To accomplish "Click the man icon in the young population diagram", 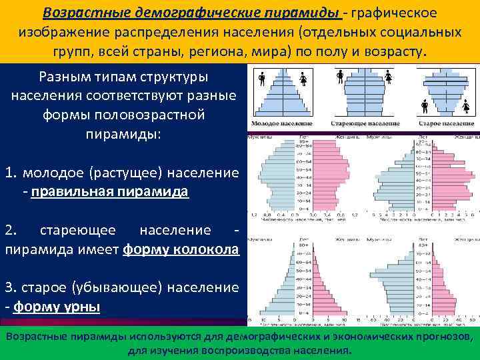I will [x=262, y=79].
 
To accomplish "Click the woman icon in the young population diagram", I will [x=303, y=79].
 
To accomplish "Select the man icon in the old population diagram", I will [x=424, y=105].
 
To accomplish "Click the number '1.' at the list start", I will [x=11, y=173].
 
